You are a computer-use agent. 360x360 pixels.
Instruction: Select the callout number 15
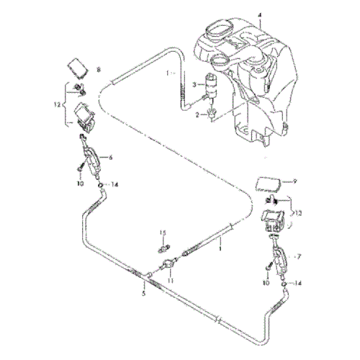[163, 230]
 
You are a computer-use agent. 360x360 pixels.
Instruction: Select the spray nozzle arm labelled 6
[91, 158]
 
